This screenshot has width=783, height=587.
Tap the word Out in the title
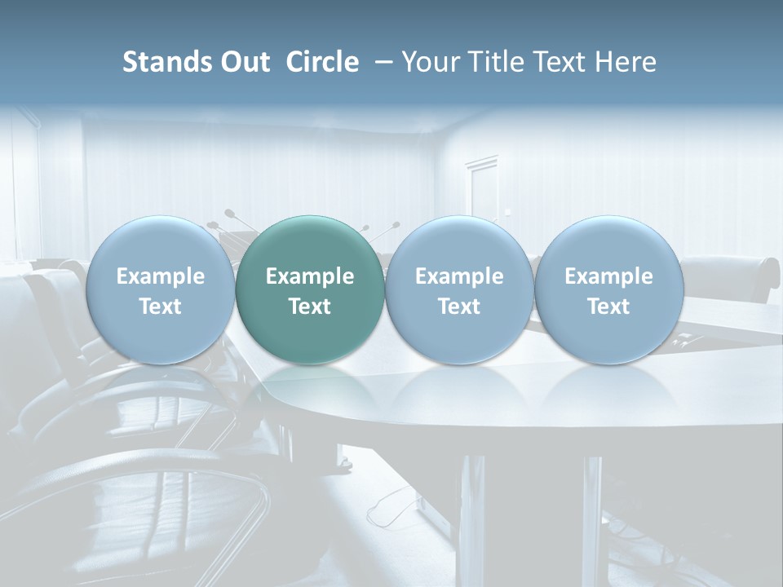pyautogui.click(x=244, y=62)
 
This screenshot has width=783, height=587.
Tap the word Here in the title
pyautogui.click(x=626, y=62)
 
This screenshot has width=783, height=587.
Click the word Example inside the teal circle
pyautogui.click(x=310, y=276)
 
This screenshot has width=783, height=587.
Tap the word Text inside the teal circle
pyautogui.click(x=310, y=307)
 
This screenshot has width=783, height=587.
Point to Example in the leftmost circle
pyautogui.click(x=160, y=276)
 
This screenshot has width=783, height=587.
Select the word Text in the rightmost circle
pyautogui.click(x=608, y=307)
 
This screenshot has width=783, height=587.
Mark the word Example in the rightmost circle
pyautogui.click(x=608, y=276)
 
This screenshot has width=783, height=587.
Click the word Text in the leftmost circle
pyautogui.click(x=160, y=307)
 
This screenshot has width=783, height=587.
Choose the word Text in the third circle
pyautogui.click(x=459, y=307)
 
